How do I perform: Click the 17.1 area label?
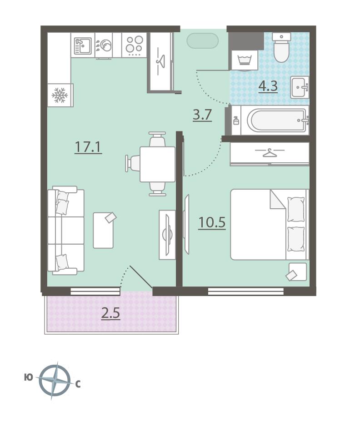pyautogui.click(x=88, y=147)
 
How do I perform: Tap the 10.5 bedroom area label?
pyautogui.click(x=212, y=222)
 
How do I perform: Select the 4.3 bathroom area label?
pyautogui.click(x=268, y=86)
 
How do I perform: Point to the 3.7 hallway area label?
pyautogui.click(x=202, y=115)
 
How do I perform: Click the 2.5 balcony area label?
pyautogui.click(x=110, y=313)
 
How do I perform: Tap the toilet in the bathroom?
pyautogui.click(x=281, y=47)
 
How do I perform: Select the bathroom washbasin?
pyautogui.click(x=299, y=87)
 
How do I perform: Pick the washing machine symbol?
pyautogui.click(x=245, y=60)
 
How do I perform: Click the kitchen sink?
pyautogui.click(x=83, y=45)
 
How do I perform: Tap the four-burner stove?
pyautogui.click(x=134, y=45)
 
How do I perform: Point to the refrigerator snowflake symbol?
pyautogui.click(x=59, y=95)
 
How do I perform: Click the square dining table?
pyautogui.click(x=157, y=164)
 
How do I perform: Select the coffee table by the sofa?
pyautogui.click(x=103, y=230)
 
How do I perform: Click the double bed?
pyautogui.click(x=270, y=225)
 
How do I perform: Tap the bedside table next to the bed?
pyautogui.click(x=298, y=271)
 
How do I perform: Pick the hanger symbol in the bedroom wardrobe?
pyautogui.click(x=270, y=153)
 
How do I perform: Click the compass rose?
pyautogui.click(x=55, y=380)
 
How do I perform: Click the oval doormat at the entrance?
pyautogui.click(x=202, y=40)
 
